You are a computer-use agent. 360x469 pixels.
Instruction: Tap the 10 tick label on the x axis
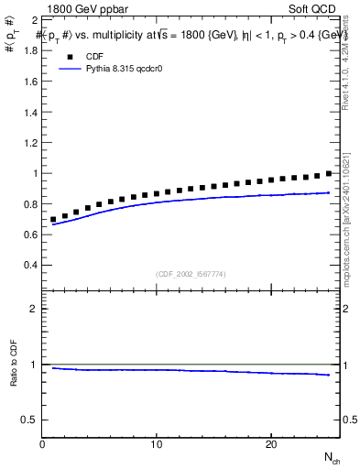coord(157,444)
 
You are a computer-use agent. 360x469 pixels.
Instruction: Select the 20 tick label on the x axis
coord(271,444)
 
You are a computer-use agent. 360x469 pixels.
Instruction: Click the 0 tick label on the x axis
coord(42,444)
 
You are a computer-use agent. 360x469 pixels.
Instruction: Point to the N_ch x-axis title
coord(332,458)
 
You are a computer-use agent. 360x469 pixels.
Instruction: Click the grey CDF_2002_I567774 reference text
coord(191,274)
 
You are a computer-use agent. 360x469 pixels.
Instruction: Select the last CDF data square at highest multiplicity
coord(329,173)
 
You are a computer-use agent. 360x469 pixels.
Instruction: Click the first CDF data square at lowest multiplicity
coord(54,220)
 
